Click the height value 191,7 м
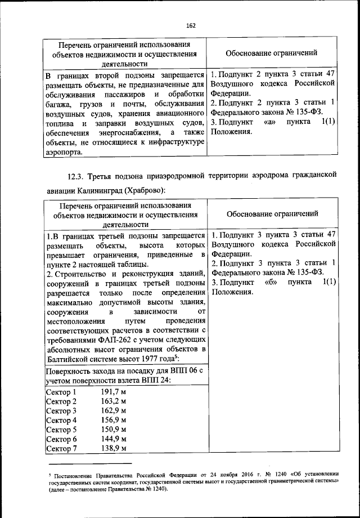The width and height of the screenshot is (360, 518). [x=113, y=392]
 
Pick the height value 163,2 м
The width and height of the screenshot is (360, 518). [x=113, y=401]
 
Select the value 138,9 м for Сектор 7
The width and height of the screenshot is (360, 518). [x=113, y=448]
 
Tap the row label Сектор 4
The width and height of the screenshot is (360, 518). [x=61, y=420]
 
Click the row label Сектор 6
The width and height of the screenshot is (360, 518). [x=61, y=439]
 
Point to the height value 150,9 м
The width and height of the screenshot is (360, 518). [x=113, y=430]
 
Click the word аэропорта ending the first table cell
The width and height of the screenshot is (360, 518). [x=64, y=151]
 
